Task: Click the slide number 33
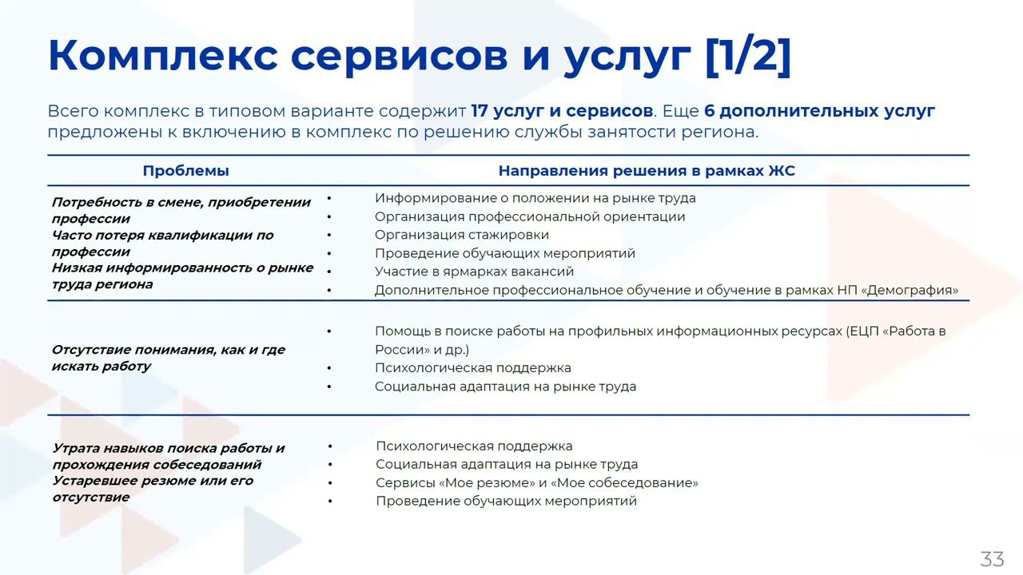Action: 992,559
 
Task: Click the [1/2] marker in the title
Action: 748,56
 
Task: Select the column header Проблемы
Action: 185,171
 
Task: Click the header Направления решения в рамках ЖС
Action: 647,171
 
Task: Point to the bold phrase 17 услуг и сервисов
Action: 562,111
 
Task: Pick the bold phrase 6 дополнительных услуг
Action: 819,111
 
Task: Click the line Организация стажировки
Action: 462,235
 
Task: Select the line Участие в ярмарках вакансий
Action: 474,272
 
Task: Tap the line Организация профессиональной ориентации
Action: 530,216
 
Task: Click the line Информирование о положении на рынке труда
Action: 535,198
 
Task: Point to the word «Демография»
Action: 910,290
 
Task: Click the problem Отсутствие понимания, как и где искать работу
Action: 168,358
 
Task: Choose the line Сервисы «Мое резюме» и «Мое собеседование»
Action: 536,483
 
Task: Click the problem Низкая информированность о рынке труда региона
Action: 182,276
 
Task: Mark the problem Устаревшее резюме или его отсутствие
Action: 153,489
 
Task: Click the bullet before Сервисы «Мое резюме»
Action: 330,483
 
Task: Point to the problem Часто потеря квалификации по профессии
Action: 162,243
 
